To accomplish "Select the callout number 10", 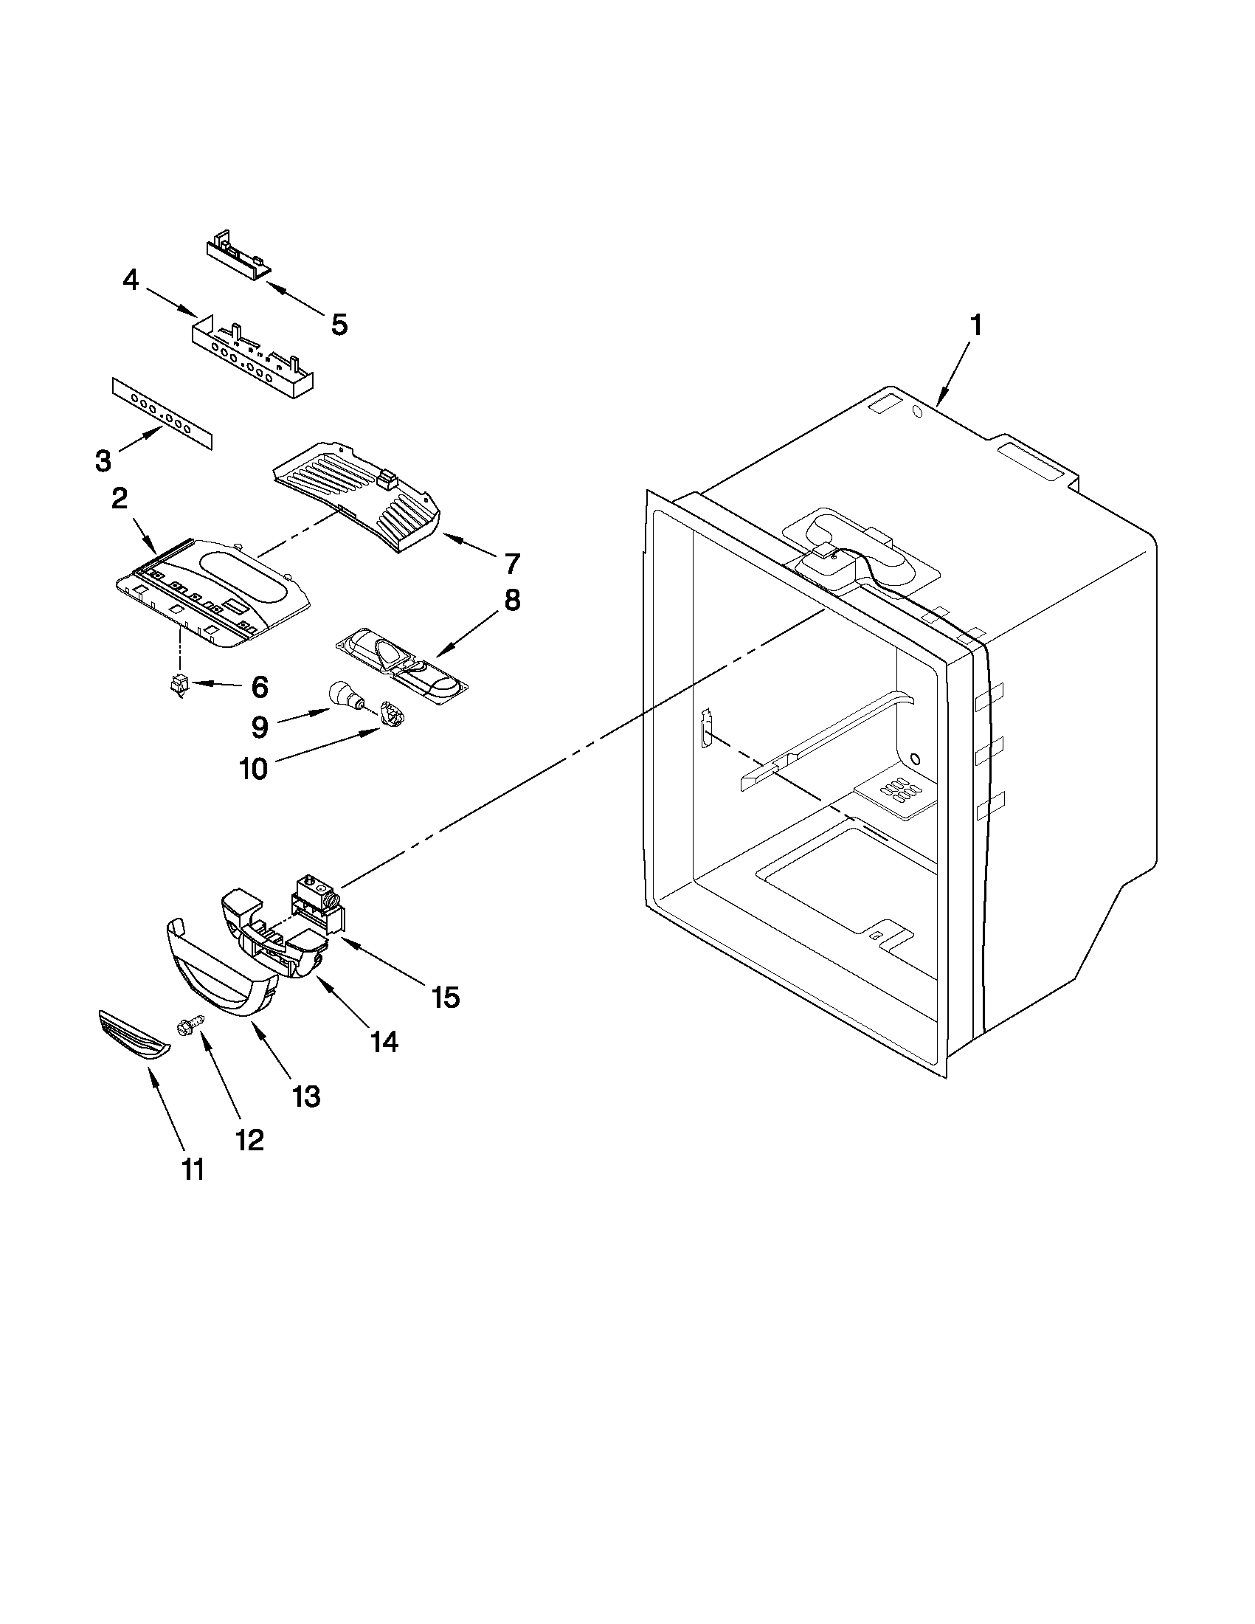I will click(254, 769).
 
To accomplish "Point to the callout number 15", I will click(446, 997).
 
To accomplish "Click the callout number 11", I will click(193, 1169).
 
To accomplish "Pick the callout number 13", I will click(306, 1095).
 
